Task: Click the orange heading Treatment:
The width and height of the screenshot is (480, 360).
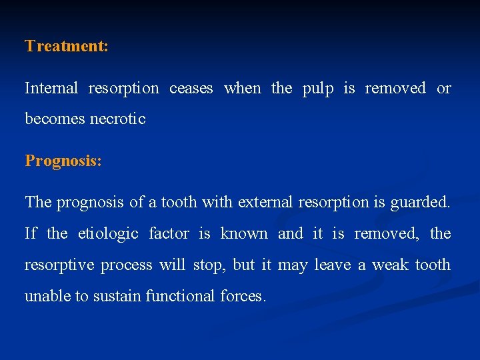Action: tap(67, 46)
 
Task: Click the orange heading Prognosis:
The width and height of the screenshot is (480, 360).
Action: tap(63, 161)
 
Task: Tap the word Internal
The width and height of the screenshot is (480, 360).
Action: tap(51, 88)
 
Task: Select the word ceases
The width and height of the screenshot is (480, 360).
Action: tap(191, 88)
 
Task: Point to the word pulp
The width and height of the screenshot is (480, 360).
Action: tap(317, 89)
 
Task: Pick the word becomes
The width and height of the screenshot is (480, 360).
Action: tap(55, 119)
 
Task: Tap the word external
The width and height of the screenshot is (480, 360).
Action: tap(263, 202)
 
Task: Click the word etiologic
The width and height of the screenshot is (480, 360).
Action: tap(108, 234)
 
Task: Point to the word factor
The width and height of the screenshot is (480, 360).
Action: tap(169, 233)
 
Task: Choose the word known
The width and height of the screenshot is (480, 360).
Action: tap(244, 233)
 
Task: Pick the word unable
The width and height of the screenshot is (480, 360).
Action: tap(47, 296)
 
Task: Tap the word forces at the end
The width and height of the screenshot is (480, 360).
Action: tap(243, 296)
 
